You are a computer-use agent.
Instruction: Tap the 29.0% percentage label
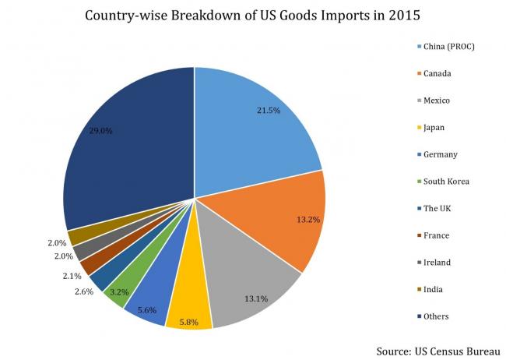(x=100, y=131)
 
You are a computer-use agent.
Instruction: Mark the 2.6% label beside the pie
(x=83, y=291)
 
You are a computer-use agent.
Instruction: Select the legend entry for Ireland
(x=436, y=263)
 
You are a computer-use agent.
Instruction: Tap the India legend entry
(x=433, y=289)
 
